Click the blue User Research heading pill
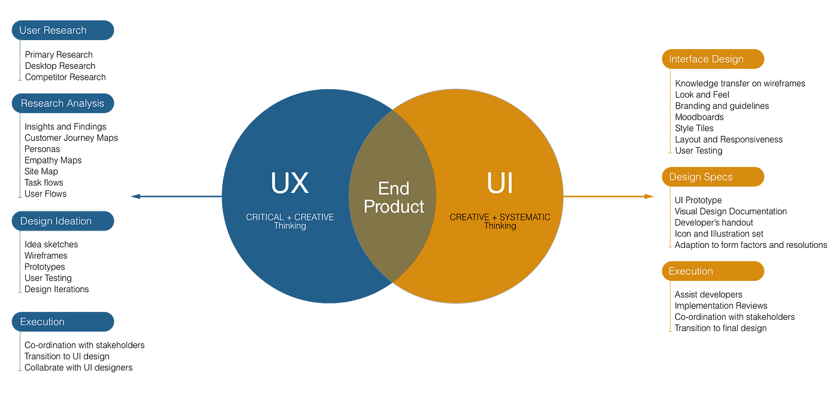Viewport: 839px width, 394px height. click(62, 31)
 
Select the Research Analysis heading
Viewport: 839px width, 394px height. click(62, 104)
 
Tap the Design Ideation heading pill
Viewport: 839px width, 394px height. click(62, 221)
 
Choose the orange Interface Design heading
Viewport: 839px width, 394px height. click(713, 59)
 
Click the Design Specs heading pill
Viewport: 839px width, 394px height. click(713, 177)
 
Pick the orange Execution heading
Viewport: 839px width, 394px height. click(713, 271)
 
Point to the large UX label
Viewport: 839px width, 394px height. click(289, 184)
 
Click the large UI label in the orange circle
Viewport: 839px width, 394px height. click(499, 184)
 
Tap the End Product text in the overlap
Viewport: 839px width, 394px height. click(394, 198)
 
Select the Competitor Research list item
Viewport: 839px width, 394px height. click(65, 77)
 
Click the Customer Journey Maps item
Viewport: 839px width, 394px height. click(71, 138)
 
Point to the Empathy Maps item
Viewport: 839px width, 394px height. click(53, 160)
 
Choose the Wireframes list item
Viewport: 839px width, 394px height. click(46, 256)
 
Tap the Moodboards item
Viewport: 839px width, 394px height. click(699, 117)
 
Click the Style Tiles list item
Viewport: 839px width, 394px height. click(694, 128)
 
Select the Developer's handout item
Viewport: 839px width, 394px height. click(714, 223)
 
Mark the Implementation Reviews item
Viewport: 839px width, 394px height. click(721, 305)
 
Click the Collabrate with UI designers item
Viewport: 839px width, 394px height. click(78, 368)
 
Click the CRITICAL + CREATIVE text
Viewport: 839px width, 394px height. click(289, 217)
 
